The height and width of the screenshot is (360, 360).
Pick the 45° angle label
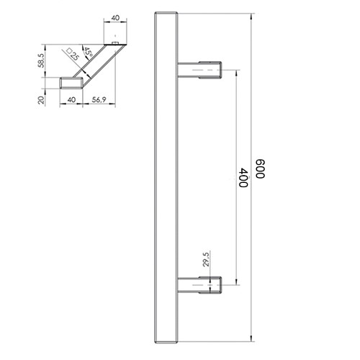tap(87, 53)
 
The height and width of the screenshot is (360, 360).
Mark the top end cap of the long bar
tap(167, 15)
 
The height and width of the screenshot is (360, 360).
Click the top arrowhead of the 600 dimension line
tap(252, 15)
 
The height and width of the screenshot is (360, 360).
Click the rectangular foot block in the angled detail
tap(71, 82)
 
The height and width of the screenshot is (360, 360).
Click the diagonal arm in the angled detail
tap(97, 65)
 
